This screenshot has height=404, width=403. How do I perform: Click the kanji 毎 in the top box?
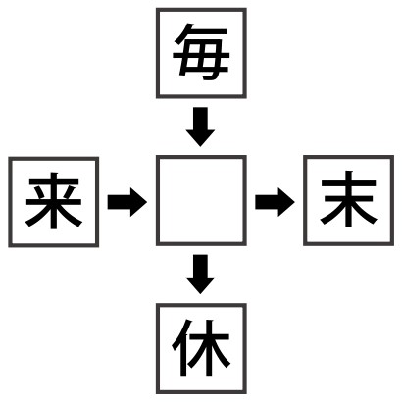pos(201,52)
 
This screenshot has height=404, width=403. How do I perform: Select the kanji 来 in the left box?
pos(54,200)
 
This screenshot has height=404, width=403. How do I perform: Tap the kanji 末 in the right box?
pos(348,199)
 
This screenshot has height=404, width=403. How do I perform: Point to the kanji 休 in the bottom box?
pos(201,347)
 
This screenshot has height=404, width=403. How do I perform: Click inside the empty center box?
pos(201,200)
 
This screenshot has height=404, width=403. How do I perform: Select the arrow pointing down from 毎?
pos(200,126)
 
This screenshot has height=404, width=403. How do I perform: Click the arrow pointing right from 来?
pos(127,202)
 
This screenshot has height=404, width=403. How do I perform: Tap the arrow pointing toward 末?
pos(275,202)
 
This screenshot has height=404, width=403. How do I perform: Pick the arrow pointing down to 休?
pos(200,275)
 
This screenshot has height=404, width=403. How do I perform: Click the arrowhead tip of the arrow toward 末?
pos(294,202)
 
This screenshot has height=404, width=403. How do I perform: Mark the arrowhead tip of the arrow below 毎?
pos(200,146)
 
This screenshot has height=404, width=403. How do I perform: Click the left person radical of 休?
pos(181,347)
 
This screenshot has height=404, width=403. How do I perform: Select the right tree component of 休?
pos(210,347)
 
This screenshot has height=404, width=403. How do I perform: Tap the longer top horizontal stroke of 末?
pos(348,183)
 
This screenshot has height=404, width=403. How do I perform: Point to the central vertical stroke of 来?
pos(54,200)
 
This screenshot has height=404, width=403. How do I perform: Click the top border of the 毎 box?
pos(201,10)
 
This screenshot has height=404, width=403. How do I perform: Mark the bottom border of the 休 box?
pos(201,391)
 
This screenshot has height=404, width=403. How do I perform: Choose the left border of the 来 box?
pos(10,202)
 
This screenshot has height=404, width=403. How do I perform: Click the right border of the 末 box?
pos(392,200)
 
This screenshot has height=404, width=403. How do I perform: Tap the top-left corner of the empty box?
pos(157,156)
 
